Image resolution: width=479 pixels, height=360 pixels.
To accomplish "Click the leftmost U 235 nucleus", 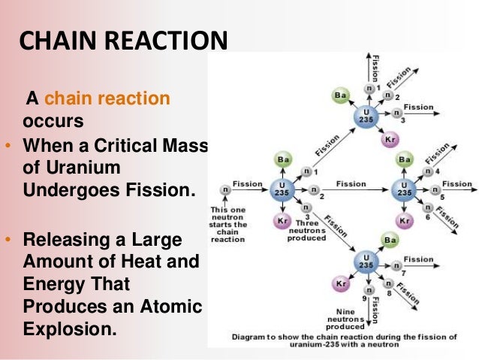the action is click(282, 189).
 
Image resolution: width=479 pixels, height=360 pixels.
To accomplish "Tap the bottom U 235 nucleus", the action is click(365, 264).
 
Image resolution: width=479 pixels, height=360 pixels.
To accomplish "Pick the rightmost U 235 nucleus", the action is click(405, 189).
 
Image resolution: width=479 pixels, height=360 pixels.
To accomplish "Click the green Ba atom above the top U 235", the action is click(339, 95).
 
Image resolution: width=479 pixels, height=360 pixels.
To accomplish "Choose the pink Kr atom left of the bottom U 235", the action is click(339, 284).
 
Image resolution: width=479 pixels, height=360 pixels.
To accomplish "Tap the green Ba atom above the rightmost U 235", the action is click(405, 159).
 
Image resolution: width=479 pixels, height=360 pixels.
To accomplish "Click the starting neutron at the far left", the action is click(224, 189).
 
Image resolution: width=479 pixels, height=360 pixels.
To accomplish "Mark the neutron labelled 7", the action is click(389, 264).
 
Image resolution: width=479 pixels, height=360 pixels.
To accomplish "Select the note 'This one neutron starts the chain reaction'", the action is click(228, 224).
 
